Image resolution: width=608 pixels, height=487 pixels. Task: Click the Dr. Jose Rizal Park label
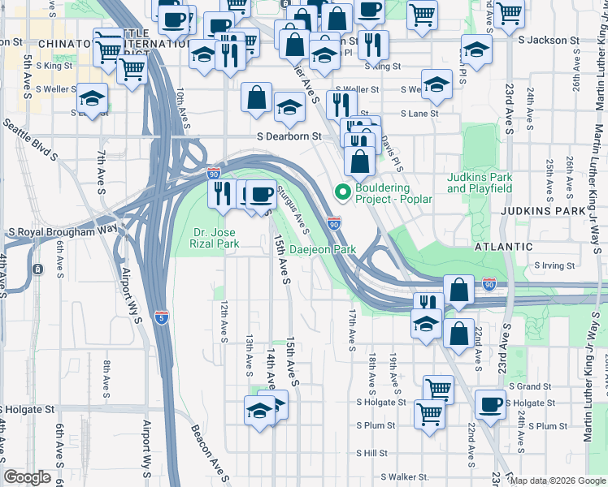215,237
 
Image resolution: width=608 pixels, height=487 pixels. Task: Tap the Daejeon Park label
324,250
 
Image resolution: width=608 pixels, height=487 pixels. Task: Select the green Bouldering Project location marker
343,192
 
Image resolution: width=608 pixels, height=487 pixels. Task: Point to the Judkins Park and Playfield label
480,183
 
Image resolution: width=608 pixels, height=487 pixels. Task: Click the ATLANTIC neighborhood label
506,247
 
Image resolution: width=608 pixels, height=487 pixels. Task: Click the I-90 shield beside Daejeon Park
334,222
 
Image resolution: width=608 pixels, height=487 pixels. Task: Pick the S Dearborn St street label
289,137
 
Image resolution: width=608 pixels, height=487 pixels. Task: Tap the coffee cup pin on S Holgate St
490,404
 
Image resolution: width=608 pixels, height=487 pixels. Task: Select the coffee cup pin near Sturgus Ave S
261,195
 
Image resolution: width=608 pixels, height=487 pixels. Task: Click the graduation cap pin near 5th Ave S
93,100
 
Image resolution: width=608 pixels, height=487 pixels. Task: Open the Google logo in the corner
28,477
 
